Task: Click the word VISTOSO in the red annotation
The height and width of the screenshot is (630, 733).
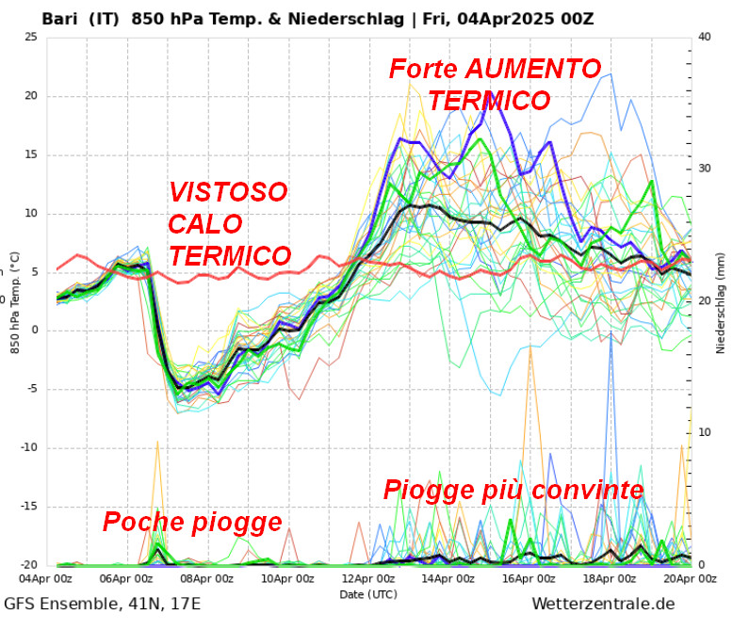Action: point(228,192)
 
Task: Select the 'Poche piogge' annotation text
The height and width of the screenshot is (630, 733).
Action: point(192,522)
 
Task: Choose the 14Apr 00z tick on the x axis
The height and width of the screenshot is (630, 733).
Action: point(449,578)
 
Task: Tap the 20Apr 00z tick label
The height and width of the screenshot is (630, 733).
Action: point(691,578)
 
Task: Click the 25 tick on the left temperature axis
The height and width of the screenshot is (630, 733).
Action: point(30,37)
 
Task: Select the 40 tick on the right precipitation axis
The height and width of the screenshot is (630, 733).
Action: point(705,37)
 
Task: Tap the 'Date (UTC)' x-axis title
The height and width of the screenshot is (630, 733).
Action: point(368,594)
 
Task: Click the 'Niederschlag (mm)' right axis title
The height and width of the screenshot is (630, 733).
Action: point(721,301)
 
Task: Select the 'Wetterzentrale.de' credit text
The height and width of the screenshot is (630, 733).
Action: point(603,604)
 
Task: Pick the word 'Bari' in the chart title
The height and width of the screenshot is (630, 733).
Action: point(60,18)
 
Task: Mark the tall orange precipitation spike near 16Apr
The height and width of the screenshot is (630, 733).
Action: point(530,350)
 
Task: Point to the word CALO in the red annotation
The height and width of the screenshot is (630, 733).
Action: point(205,224)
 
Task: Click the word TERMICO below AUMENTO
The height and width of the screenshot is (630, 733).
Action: point(489,100)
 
